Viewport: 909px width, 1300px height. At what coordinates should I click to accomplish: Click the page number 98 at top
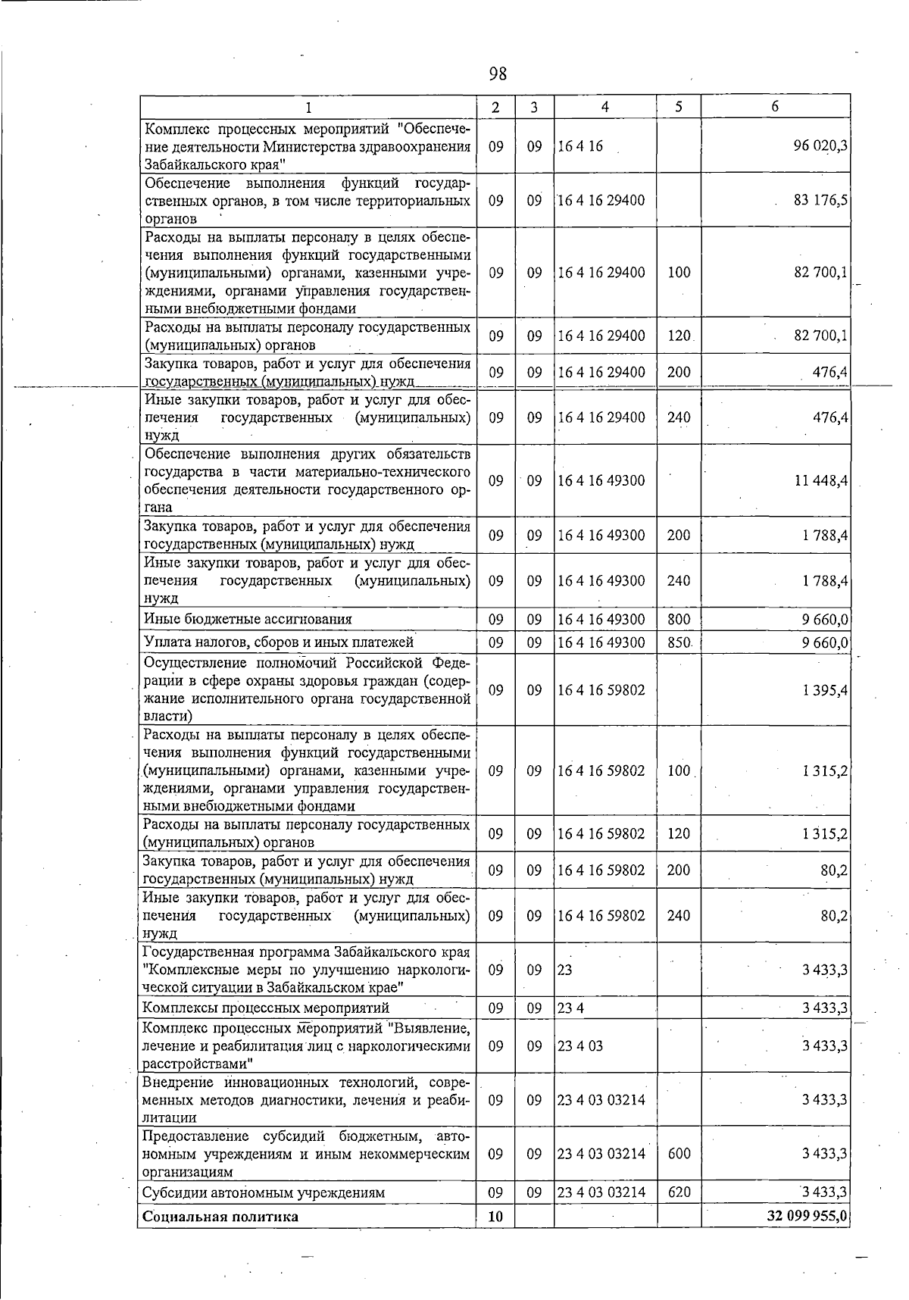coord(498,73)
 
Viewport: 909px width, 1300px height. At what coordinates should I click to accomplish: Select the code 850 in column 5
coord(679,642)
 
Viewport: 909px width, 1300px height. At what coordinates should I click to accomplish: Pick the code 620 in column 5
coord(679,1192)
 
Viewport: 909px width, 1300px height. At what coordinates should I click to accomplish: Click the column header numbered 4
coord(604,107)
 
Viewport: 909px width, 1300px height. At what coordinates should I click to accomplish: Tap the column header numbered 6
coord(775,107)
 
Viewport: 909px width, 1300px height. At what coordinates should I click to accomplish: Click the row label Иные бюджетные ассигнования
coord(248,619)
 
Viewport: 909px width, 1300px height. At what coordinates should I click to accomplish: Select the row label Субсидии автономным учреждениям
coord(264,1192)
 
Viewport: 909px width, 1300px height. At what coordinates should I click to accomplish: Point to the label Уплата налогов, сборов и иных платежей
coord(279,642)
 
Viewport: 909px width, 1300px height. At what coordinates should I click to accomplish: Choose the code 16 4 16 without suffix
coord(580,146)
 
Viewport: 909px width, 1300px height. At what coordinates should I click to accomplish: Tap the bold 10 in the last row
coord(495,1217)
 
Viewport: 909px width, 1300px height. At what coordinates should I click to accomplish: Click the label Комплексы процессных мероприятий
coord(267,1008)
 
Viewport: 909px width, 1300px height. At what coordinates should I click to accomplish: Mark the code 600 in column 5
coord(679,1153)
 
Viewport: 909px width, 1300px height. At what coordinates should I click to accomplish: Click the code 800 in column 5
coord(679,619)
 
